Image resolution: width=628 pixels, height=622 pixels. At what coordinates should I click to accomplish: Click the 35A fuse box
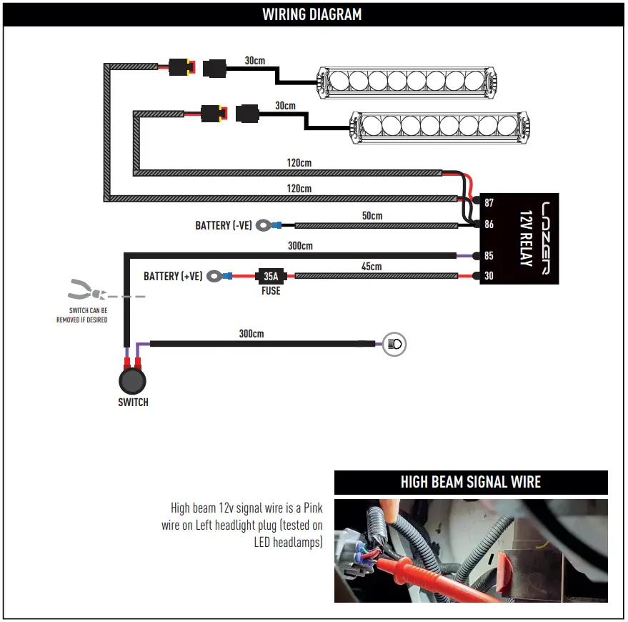(271, 276)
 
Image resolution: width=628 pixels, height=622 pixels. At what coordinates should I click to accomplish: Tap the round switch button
(133, 381)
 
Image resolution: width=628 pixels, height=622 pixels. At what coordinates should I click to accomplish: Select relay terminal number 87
(489, 202)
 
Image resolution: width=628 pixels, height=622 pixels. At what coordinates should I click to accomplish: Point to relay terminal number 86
(489, 224)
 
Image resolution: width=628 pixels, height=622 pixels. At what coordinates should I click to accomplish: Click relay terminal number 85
(489, 256)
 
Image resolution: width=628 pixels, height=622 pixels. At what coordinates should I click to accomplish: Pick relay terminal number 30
(489, 276)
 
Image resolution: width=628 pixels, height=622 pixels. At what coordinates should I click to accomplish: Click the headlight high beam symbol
(394, 344)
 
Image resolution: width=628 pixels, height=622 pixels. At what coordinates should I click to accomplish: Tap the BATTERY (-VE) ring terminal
(264, 225)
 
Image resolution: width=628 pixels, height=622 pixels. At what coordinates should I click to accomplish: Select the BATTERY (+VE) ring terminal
(214, 276)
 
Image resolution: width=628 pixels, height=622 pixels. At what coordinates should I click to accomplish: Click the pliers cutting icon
(87, 290)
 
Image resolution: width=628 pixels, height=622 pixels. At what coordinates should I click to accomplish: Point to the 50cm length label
(372, 216)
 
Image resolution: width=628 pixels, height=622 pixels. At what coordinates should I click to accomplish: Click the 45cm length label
(372, 267)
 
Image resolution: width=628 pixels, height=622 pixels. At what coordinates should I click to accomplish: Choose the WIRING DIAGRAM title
(312, 14)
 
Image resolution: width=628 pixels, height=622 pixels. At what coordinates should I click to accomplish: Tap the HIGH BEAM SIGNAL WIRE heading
(471, 482)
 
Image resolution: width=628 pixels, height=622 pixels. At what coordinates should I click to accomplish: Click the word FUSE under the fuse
(271, 291)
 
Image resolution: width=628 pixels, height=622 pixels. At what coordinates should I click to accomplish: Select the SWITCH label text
(133, 402)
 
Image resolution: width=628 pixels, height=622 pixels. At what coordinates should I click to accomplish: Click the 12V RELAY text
(527, 239)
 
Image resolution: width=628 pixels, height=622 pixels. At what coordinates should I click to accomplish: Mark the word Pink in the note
(313, 508)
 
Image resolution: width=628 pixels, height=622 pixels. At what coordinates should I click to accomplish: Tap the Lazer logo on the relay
(546, 238)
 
